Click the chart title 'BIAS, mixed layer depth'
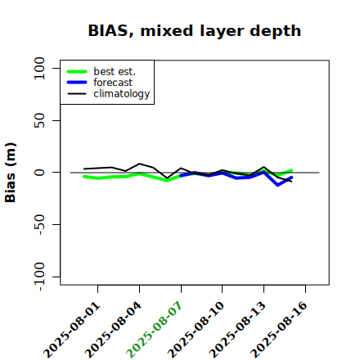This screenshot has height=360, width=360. [195, 31]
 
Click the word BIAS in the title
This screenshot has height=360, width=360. [108, 31]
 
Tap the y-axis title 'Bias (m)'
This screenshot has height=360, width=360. [11, 173]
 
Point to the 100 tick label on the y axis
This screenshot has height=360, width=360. [39, 68]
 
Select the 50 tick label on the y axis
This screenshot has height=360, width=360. [39, 120]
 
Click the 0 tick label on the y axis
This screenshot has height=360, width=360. [39, 173]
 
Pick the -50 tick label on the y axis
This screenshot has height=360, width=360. [39, 224]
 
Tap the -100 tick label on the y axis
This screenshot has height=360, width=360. [39, 277]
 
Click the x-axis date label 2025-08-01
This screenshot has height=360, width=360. [72, 330]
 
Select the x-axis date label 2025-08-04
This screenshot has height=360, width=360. [114, 330]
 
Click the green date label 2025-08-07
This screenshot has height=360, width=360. [155, 330]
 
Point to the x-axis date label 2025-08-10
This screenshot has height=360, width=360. [196, 330]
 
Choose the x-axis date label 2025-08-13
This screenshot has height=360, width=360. [237, 330]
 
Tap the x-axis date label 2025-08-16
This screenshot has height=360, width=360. [279, 330]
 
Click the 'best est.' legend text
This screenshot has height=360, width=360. [115, 71]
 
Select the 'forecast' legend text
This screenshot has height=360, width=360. [113, 83]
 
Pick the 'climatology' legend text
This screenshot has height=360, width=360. [122, 94]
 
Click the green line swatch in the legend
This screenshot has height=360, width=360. [77, 71]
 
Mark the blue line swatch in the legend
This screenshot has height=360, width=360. [77, 83]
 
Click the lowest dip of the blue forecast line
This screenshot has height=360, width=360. [277, 185]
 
